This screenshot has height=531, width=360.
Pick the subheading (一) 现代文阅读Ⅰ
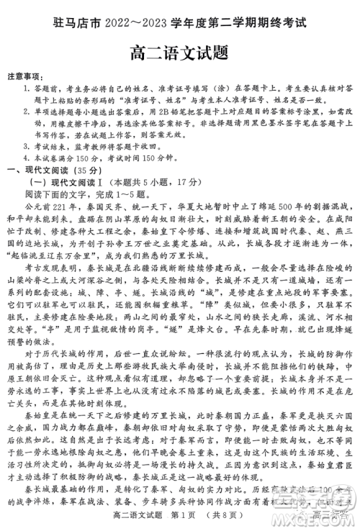click(x=68, y=182)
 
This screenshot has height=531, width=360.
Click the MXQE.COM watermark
click(x=318, y=519)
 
